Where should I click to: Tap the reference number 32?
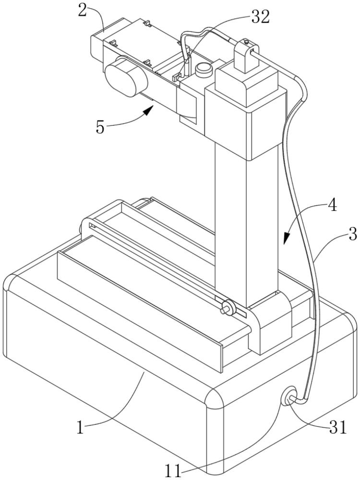tap(260, 17)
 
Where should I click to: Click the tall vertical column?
tap(245, 226)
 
